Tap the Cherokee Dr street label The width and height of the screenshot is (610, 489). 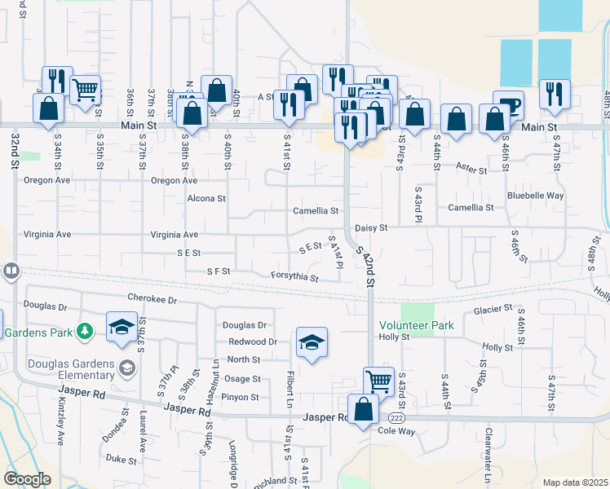tap(152, 299)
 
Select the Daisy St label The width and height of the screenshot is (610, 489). tap(371, 228)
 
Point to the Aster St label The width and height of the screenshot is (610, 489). tap(471, 171)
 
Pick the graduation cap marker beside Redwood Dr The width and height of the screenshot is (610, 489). tap(311, 342)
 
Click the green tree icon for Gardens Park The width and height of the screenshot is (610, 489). tap(83, 331)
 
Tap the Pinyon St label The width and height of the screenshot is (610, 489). tap(241, 398)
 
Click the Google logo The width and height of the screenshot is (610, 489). tap(26, 479)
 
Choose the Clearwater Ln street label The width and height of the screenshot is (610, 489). tap(488, 456)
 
